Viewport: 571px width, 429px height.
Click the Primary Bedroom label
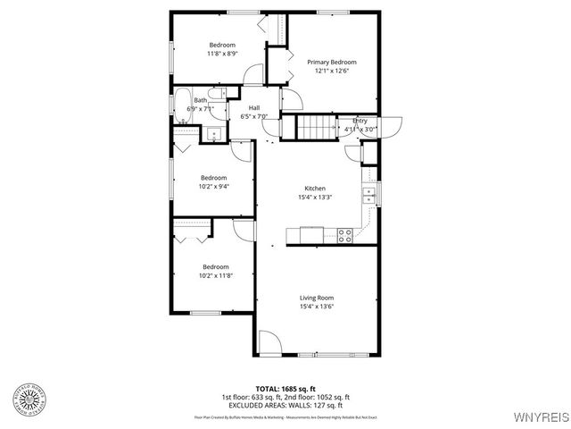coord(332,63)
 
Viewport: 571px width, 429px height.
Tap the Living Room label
coord(316,298)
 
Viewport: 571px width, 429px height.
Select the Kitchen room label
coord(315,189)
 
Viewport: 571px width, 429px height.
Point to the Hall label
coord(254,107)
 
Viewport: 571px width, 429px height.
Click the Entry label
coord(360,121)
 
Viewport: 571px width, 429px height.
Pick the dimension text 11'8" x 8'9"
coord(221,54)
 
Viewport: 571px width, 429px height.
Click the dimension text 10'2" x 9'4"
coord(214,186)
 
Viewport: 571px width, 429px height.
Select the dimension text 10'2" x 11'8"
coord(214,275)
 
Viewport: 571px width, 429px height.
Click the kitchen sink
coord(368,193)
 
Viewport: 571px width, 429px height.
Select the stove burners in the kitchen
coord(344,235)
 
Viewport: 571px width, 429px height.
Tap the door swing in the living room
coord(269,342)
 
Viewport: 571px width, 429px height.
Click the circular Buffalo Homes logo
coord(32,399)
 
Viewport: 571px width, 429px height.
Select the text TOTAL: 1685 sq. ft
coord(285,388)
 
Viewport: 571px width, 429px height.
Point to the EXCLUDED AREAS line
coord(285,404)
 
